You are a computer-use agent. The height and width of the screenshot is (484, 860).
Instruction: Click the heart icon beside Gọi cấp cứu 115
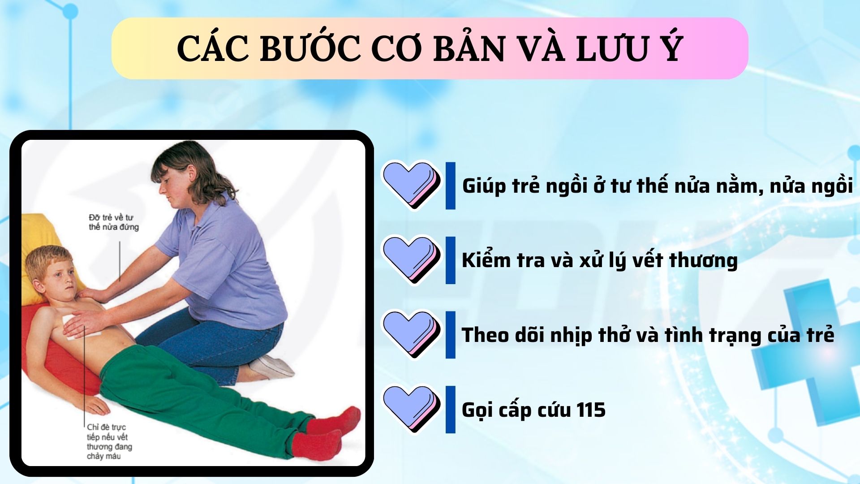click(x=411, y=409)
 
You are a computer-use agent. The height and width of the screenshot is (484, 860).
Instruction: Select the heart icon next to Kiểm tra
click(x=411, y=260)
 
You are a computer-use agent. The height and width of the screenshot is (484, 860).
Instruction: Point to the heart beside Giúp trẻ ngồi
click(x=411, y=186)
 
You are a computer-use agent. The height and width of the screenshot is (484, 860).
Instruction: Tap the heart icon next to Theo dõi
click(x=411, y=335)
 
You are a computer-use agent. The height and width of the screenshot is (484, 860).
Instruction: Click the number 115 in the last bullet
click(x=591, y=410)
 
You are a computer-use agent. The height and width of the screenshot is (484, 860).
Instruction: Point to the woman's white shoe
click(x=271, y=367)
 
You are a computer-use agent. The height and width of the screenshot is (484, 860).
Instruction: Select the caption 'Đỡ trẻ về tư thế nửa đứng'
click(x=114, y=222)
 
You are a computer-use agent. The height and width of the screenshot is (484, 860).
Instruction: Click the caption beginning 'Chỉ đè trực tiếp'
click(x=110, y=441)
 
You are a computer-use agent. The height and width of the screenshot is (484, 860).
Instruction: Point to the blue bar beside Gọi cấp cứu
click(x=450, y=409)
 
